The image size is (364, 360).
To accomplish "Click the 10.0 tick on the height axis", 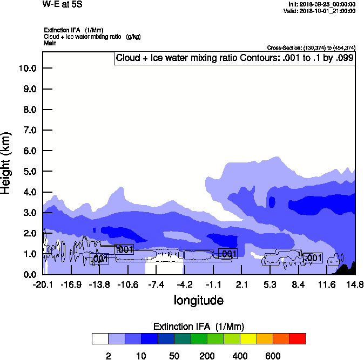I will tap(27, 68).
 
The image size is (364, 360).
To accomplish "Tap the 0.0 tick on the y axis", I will tap(28, 275).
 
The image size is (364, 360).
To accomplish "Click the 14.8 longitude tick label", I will tap(355, 284).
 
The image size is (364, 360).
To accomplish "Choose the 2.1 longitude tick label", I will tap(241, 284).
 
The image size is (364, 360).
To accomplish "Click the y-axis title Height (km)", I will tap(7, 163).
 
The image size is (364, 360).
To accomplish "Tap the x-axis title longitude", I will tap(198, 300).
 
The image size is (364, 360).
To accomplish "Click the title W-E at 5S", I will tap(62, 4).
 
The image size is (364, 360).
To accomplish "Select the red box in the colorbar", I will tap(298, 339).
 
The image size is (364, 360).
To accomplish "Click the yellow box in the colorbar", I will tap(248, 339).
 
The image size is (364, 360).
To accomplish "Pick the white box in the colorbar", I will tap(100, 339).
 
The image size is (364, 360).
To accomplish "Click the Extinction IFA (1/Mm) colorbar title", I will tap(199, 327).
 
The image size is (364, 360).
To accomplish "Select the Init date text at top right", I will tap(322, 4).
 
